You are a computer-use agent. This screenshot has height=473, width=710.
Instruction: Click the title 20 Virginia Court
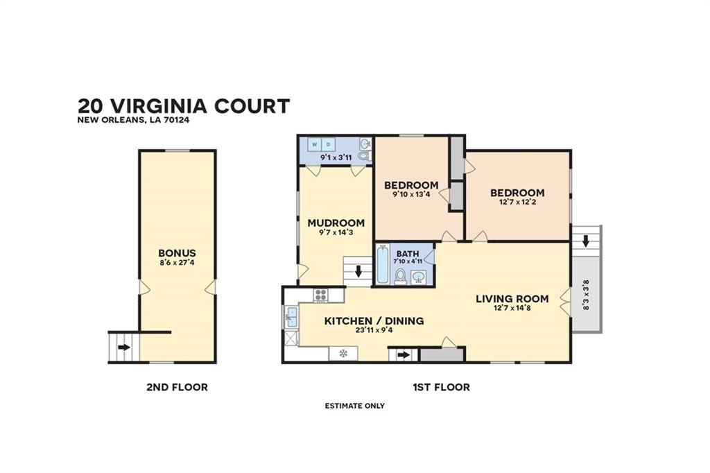(184, 106)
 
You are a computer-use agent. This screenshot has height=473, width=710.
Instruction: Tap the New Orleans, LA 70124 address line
(133, 120)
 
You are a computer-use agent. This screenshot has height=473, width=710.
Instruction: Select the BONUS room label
(177, 253)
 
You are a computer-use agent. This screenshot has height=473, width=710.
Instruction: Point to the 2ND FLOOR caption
(177, 387)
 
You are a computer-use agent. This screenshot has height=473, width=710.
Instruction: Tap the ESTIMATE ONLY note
(354, 406)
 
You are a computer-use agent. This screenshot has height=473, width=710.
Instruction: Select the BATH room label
(404, 253)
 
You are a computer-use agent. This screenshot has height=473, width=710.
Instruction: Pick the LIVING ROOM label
(512, 299)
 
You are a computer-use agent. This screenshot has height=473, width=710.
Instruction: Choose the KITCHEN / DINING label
(374, 321)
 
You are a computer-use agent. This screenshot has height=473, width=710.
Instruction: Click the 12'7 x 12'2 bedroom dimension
(517, 204)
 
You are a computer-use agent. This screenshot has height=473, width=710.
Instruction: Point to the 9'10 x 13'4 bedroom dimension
(410, 196)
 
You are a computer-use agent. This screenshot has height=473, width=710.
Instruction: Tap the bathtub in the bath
(383, 264)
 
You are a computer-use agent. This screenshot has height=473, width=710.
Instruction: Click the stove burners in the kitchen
(320, 295)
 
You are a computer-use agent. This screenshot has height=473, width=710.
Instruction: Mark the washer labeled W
(314, 144)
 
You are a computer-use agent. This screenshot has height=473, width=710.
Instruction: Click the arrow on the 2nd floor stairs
(123, 347)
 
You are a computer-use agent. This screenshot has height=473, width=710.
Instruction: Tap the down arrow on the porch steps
(586, 241)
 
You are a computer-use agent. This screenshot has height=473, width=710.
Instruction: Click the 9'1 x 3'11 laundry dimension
(336, 158)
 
